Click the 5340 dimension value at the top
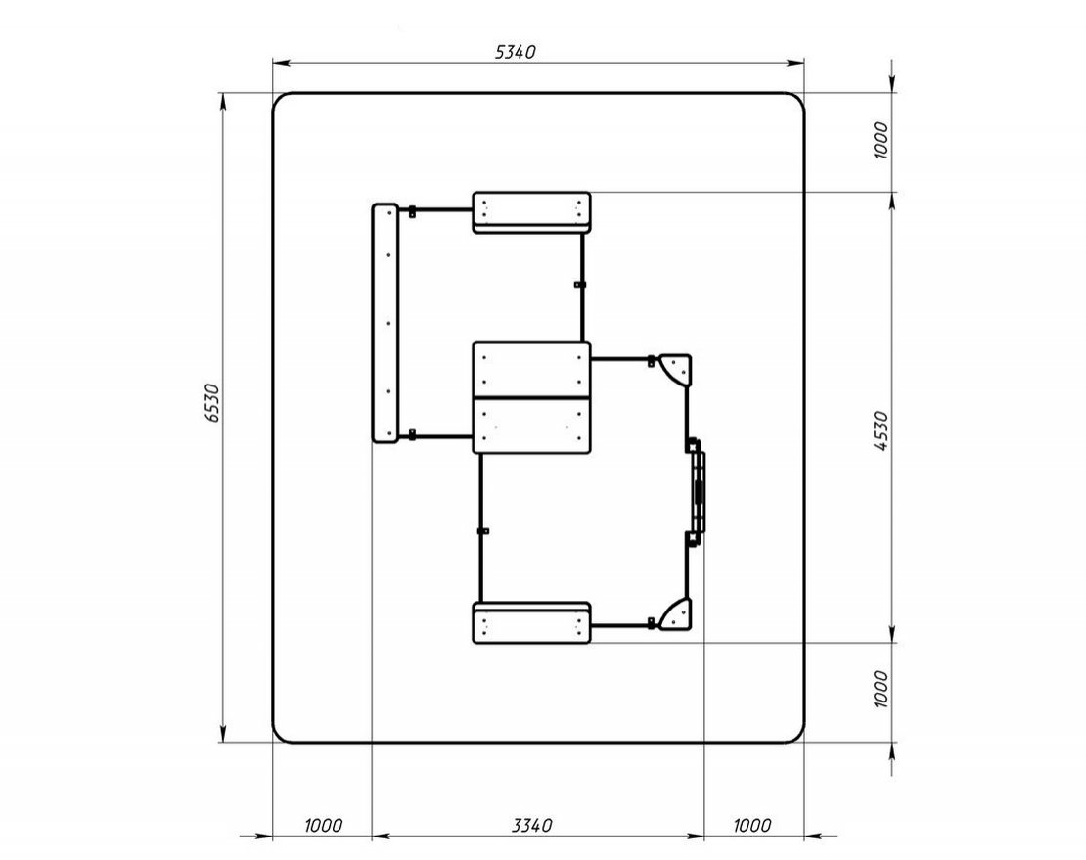click(x=516, y=52)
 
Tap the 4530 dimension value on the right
click(x=881, y=430)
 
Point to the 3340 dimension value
click(x=532, y=826)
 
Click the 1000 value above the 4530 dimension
click(x=881, y=140)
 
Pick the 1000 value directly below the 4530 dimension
click(x=881, y=688)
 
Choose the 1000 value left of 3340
click(x=323, y=826)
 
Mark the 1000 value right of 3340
click(x=751, y=826)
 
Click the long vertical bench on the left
click(x=385, y=323)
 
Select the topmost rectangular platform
click(x=532, y=212)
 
